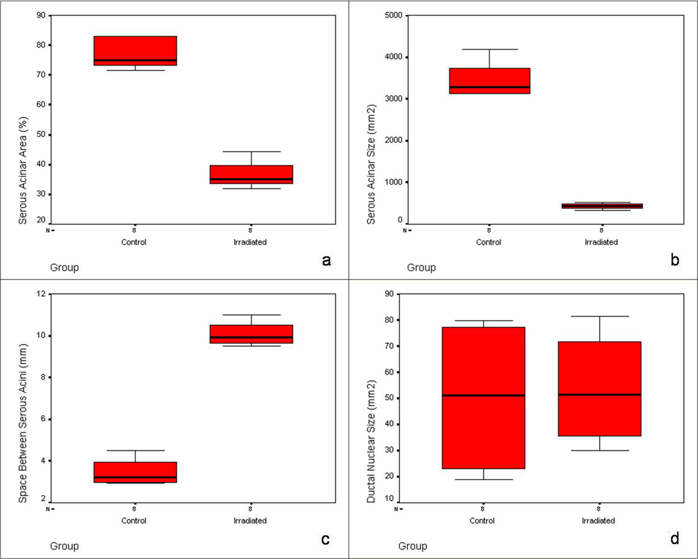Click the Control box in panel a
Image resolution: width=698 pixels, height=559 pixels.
pos(135,51)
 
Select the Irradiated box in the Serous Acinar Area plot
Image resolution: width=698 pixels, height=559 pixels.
pos(251,174)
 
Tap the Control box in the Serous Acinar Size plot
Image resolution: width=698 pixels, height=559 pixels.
pos(490,81)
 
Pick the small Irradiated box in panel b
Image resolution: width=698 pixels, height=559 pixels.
pos(602,206)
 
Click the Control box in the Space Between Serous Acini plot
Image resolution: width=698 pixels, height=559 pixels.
pos(135,472)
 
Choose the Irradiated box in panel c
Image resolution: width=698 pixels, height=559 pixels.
pos(251,334)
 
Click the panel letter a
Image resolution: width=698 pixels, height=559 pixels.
pos(326,260)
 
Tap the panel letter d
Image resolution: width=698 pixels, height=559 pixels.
pos(674,539)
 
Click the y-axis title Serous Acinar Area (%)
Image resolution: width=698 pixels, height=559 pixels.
pos(23,170)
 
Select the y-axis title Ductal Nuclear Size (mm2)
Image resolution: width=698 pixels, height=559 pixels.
pos(371,441)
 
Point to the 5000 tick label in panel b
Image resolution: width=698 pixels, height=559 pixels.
pos(393,15)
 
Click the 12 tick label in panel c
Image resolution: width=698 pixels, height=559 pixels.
pos(41,294)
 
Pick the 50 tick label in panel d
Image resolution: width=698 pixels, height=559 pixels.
pos(389,398)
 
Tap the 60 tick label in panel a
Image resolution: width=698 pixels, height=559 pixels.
pos(41,105)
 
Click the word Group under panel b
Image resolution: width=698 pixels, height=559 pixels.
pos(421,267)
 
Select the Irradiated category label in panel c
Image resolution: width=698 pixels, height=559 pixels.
pos(250,521)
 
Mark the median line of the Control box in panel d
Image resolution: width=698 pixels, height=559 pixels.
pos(484,395)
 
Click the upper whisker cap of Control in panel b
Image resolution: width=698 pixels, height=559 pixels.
pos(490,49)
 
